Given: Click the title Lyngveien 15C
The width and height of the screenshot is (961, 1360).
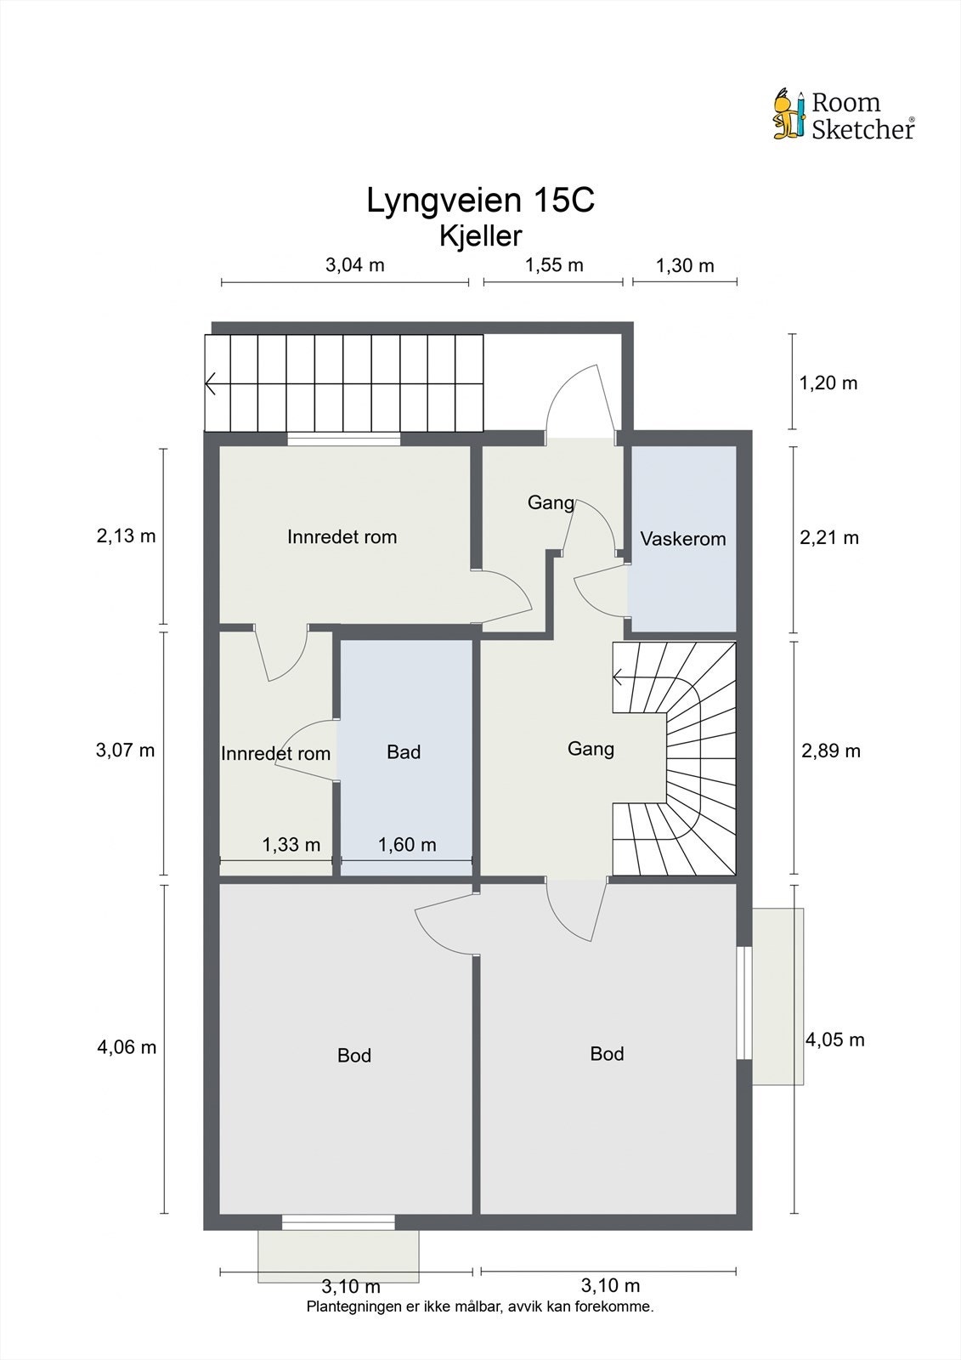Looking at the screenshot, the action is (480, 201).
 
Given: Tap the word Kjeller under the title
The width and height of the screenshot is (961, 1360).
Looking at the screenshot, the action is (480, 236).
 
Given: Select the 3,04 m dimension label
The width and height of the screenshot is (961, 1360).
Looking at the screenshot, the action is (355, 264).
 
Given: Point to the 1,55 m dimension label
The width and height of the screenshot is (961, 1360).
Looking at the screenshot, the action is (554, 264).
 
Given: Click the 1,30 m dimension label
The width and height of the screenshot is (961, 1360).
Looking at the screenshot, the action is (685, 265).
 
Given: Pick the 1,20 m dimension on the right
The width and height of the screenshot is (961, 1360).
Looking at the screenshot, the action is (828, 383).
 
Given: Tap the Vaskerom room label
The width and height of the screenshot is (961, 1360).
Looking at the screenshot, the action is (683, 539).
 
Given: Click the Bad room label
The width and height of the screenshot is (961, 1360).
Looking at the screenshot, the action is (404, 752).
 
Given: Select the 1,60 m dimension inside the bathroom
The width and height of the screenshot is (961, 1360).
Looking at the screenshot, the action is (407, 845).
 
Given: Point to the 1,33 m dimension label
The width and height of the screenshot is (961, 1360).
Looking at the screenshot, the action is (291, 845).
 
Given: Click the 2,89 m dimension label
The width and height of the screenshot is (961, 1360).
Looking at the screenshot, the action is (830, 751).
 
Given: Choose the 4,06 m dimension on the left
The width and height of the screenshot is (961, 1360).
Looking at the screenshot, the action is (127, 1047).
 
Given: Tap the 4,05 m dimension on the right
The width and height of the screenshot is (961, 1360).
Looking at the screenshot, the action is (834, 1040).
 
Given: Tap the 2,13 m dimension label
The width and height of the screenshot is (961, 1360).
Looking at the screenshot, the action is (127, 536).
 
